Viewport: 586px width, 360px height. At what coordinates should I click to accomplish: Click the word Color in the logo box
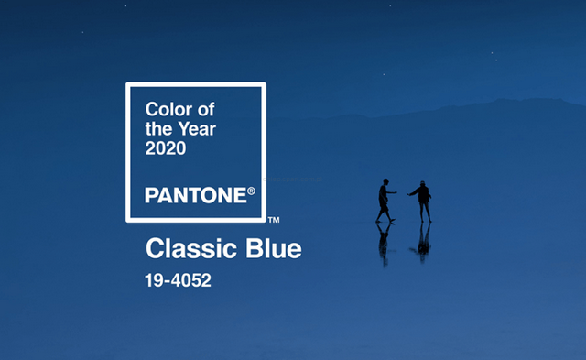pos(167,110)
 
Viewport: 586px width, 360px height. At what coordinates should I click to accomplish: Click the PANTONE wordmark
pos(195,194)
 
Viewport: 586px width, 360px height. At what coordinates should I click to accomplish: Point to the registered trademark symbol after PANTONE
pos(251,191)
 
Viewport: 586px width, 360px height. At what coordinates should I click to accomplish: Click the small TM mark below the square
pos(273,220)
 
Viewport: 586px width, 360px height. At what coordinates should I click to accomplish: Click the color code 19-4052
pos(179,280)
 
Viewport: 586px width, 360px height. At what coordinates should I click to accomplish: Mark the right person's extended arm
pos(413,193)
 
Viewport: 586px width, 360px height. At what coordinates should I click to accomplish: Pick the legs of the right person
pos(424,212)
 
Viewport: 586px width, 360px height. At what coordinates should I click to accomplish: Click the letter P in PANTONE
pos(151,194)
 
